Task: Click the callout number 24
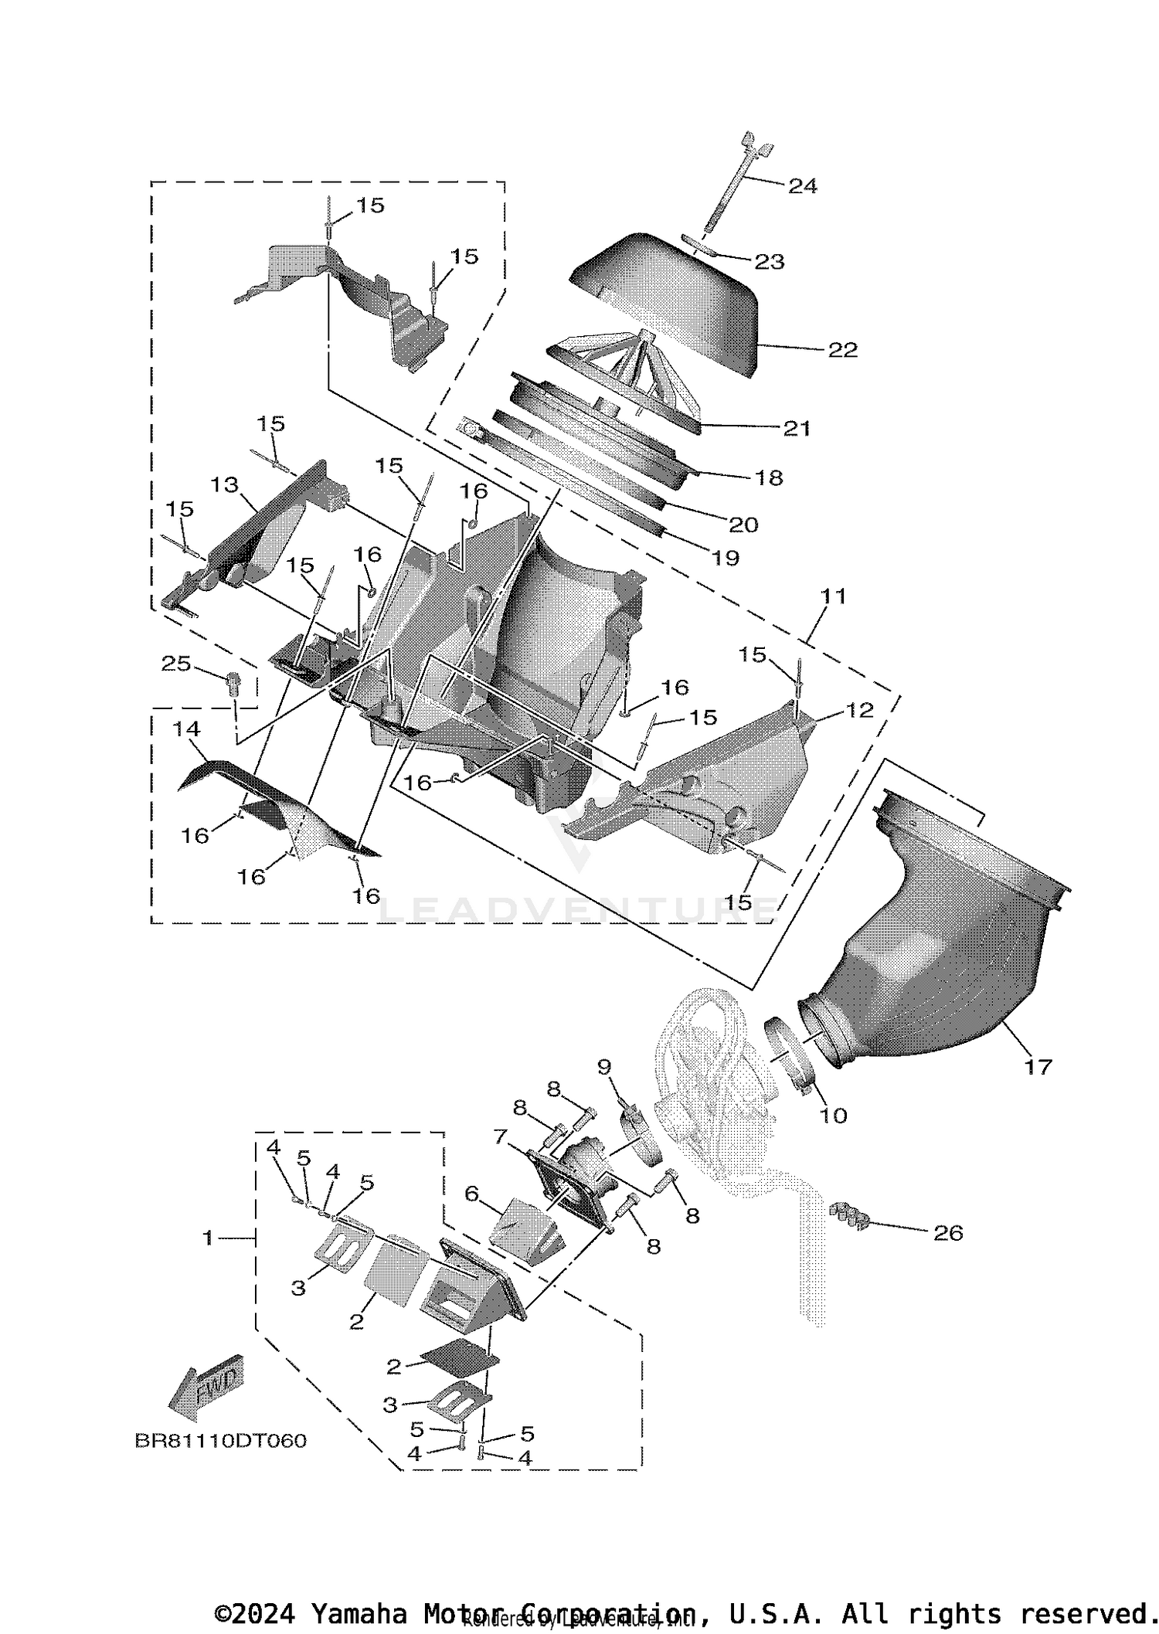(x=802, y=186)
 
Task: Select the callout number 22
(x=842, y=350)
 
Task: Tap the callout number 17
(x=1038, y=1067)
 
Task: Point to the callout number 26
(x=948, y=1233)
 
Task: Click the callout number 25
(x=175, y=664)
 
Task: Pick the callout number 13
(x=224, y=484)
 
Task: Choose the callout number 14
(x=186, y=729)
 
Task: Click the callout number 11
(x=834, y=596)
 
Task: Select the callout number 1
(x=207, y=1238)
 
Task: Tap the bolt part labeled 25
(x=233, y=681)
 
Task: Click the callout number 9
(x=604, y=1067)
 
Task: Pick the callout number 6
(x=471, y=1194)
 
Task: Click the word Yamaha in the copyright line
(x=359, y=1614)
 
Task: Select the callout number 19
(x=725, y=558)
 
